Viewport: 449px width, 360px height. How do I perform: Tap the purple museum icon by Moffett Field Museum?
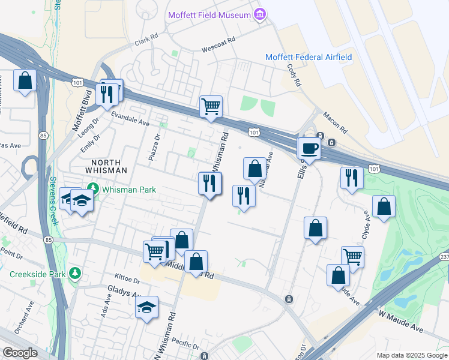pyautogui.click(x=260, y=14)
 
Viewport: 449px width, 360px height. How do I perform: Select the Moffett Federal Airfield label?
pyautogui.click(x=309, y=57)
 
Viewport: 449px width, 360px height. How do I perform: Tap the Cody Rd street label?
pyautogui.click(x=294, y=76)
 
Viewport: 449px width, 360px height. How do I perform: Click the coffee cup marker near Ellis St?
pyautogui.click(x=310, y=148)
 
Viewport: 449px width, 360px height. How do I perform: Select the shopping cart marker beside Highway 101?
pyautogui.click(x=211, y=107)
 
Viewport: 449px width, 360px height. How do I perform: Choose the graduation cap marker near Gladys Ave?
pyautogui.click(x=146, y=307)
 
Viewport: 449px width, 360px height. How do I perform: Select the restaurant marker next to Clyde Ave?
pyautogui.click(x=351, y=178)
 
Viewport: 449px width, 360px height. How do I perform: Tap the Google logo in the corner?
pyautogui.click(x=20, y=352)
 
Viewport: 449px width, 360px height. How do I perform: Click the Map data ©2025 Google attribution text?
pyautogui.click(x=411, y=355)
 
